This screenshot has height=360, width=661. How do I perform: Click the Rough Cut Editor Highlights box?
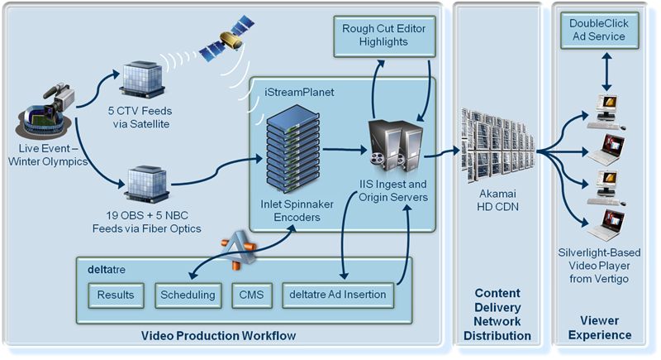384,36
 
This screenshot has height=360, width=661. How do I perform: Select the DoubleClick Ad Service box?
599,31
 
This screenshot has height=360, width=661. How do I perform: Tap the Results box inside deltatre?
116,295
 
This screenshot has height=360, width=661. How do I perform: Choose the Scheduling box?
188,295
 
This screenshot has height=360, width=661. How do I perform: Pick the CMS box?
252,295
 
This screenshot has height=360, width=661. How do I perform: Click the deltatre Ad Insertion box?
338,295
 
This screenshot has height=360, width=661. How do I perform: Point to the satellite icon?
227,39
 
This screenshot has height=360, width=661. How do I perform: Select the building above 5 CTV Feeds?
141,79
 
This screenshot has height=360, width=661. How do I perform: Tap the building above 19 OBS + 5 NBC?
147,184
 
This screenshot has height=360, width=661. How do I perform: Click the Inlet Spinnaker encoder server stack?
292,149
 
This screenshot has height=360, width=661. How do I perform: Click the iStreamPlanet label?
299,92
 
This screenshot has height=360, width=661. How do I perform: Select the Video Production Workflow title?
218,336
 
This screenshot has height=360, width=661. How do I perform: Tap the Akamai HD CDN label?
498,200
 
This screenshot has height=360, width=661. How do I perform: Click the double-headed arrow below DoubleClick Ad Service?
606,72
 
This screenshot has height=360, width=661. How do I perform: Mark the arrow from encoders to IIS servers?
345,150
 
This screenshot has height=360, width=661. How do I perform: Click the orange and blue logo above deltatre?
239,249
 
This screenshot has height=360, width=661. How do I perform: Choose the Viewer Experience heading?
600,328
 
